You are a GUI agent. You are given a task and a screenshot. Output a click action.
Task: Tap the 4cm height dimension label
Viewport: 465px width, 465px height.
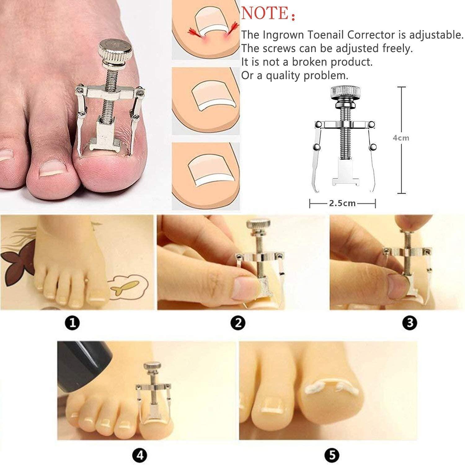401,138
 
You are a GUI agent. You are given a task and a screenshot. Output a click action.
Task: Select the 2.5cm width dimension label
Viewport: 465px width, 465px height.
342,203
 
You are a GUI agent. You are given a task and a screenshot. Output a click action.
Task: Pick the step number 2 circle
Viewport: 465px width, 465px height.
238,323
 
